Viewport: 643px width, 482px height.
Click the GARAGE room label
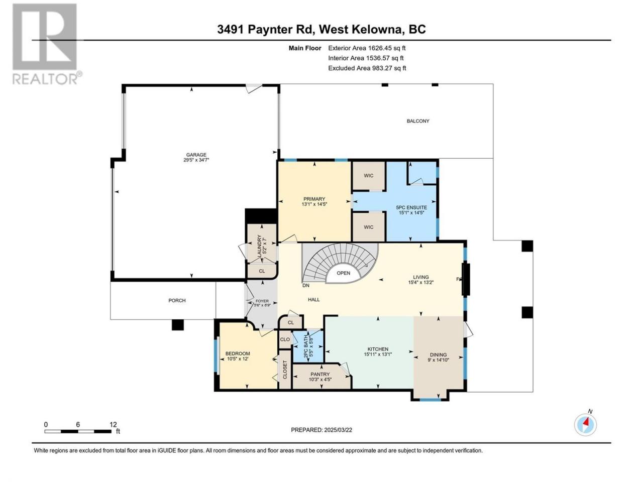coord(196,155)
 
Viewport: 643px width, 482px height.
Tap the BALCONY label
coord(418,121)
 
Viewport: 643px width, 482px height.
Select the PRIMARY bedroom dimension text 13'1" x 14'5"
coord(314,204)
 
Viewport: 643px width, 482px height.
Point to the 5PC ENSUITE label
coord(411,207)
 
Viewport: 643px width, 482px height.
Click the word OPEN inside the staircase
coord(343,273)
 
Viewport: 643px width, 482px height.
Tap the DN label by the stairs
coord(306,285)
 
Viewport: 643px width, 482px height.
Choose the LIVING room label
coord(420,277)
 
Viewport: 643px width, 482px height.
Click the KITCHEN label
coord(378,349)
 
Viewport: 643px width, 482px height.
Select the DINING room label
coord(438,354)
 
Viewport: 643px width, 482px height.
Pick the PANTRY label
coord(320,375)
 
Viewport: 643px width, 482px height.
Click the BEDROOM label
coord(238,353)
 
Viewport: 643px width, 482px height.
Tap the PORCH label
coord(177,301)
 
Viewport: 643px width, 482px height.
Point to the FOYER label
coord(262,301)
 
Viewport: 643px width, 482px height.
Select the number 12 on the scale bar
coord(113,424)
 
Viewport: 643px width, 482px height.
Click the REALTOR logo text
coord(45,79)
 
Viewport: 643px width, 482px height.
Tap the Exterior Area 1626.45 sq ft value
coord(367,48)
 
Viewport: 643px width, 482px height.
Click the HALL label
coord(314,300)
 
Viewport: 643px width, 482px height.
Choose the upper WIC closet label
coord(369,176)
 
